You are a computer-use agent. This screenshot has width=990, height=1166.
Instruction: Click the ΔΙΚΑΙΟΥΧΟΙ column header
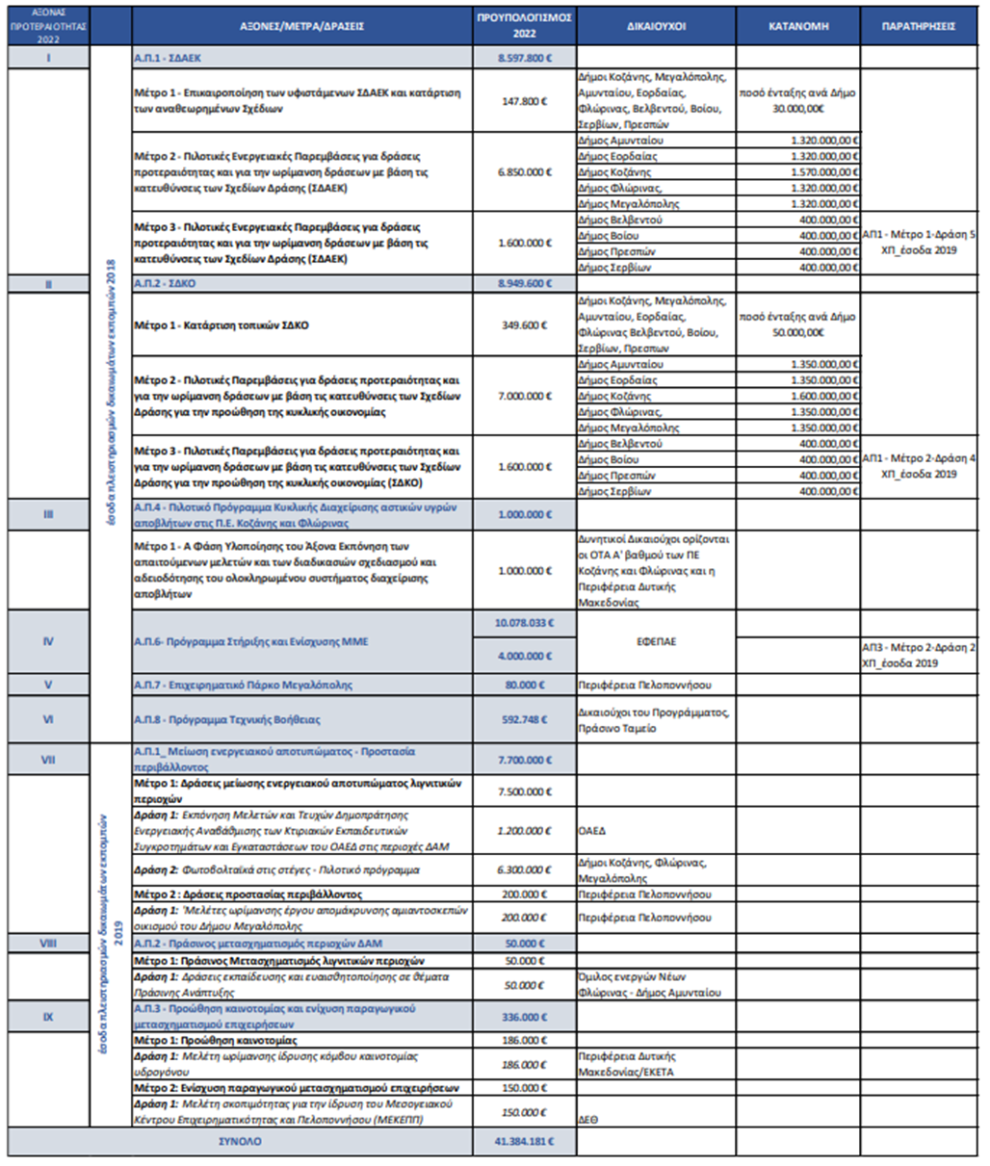tap(656, 26)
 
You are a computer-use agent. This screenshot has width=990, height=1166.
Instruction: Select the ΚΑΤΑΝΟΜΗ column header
tap(798, 26)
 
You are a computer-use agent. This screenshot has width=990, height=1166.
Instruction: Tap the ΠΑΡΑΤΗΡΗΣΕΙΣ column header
tap(919, 26)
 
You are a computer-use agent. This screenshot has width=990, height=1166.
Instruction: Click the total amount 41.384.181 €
tap(524, 1142)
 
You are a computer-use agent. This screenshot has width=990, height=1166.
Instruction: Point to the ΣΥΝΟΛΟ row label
tap(239, 1142)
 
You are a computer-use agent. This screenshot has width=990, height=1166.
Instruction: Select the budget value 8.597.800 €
tap(525, 58)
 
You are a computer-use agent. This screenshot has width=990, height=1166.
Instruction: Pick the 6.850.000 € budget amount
tap(525, 172)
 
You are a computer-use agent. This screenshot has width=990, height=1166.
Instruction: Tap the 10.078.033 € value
tap(524, 623)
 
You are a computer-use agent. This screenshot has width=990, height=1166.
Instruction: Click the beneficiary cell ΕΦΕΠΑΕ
tap(655, 641)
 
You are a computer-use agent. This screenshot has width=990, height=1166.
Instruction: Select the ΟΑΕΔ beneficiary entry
tap(592, 831)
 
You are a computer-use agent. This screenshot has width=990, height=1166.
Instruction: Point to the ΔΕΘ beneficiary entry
tap(589, 1120)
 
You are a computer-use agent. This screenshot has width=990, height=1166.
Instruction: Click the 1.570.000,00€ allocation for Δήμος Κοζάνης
tap(824, 172)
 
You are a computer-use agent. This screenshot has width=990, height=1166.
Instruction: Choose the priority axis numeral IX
tap(48, 1017)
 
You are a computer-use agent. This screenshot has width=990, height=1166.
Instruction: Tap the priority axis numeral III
tap(48, 514)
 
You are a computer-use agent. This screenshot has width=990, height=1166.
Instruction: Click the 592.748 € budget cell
tap(524, 719)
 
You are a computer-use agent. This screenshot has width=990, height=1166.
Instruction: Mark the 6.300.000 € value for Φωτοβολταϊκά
tap(524, 869)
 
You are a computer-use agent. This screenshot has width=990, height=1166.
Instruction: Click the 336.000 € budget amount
tap(524, 1017)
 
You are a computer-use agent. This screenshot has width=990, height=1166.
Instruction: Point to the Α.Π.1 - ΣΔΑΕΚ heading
tap(168, 58)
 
